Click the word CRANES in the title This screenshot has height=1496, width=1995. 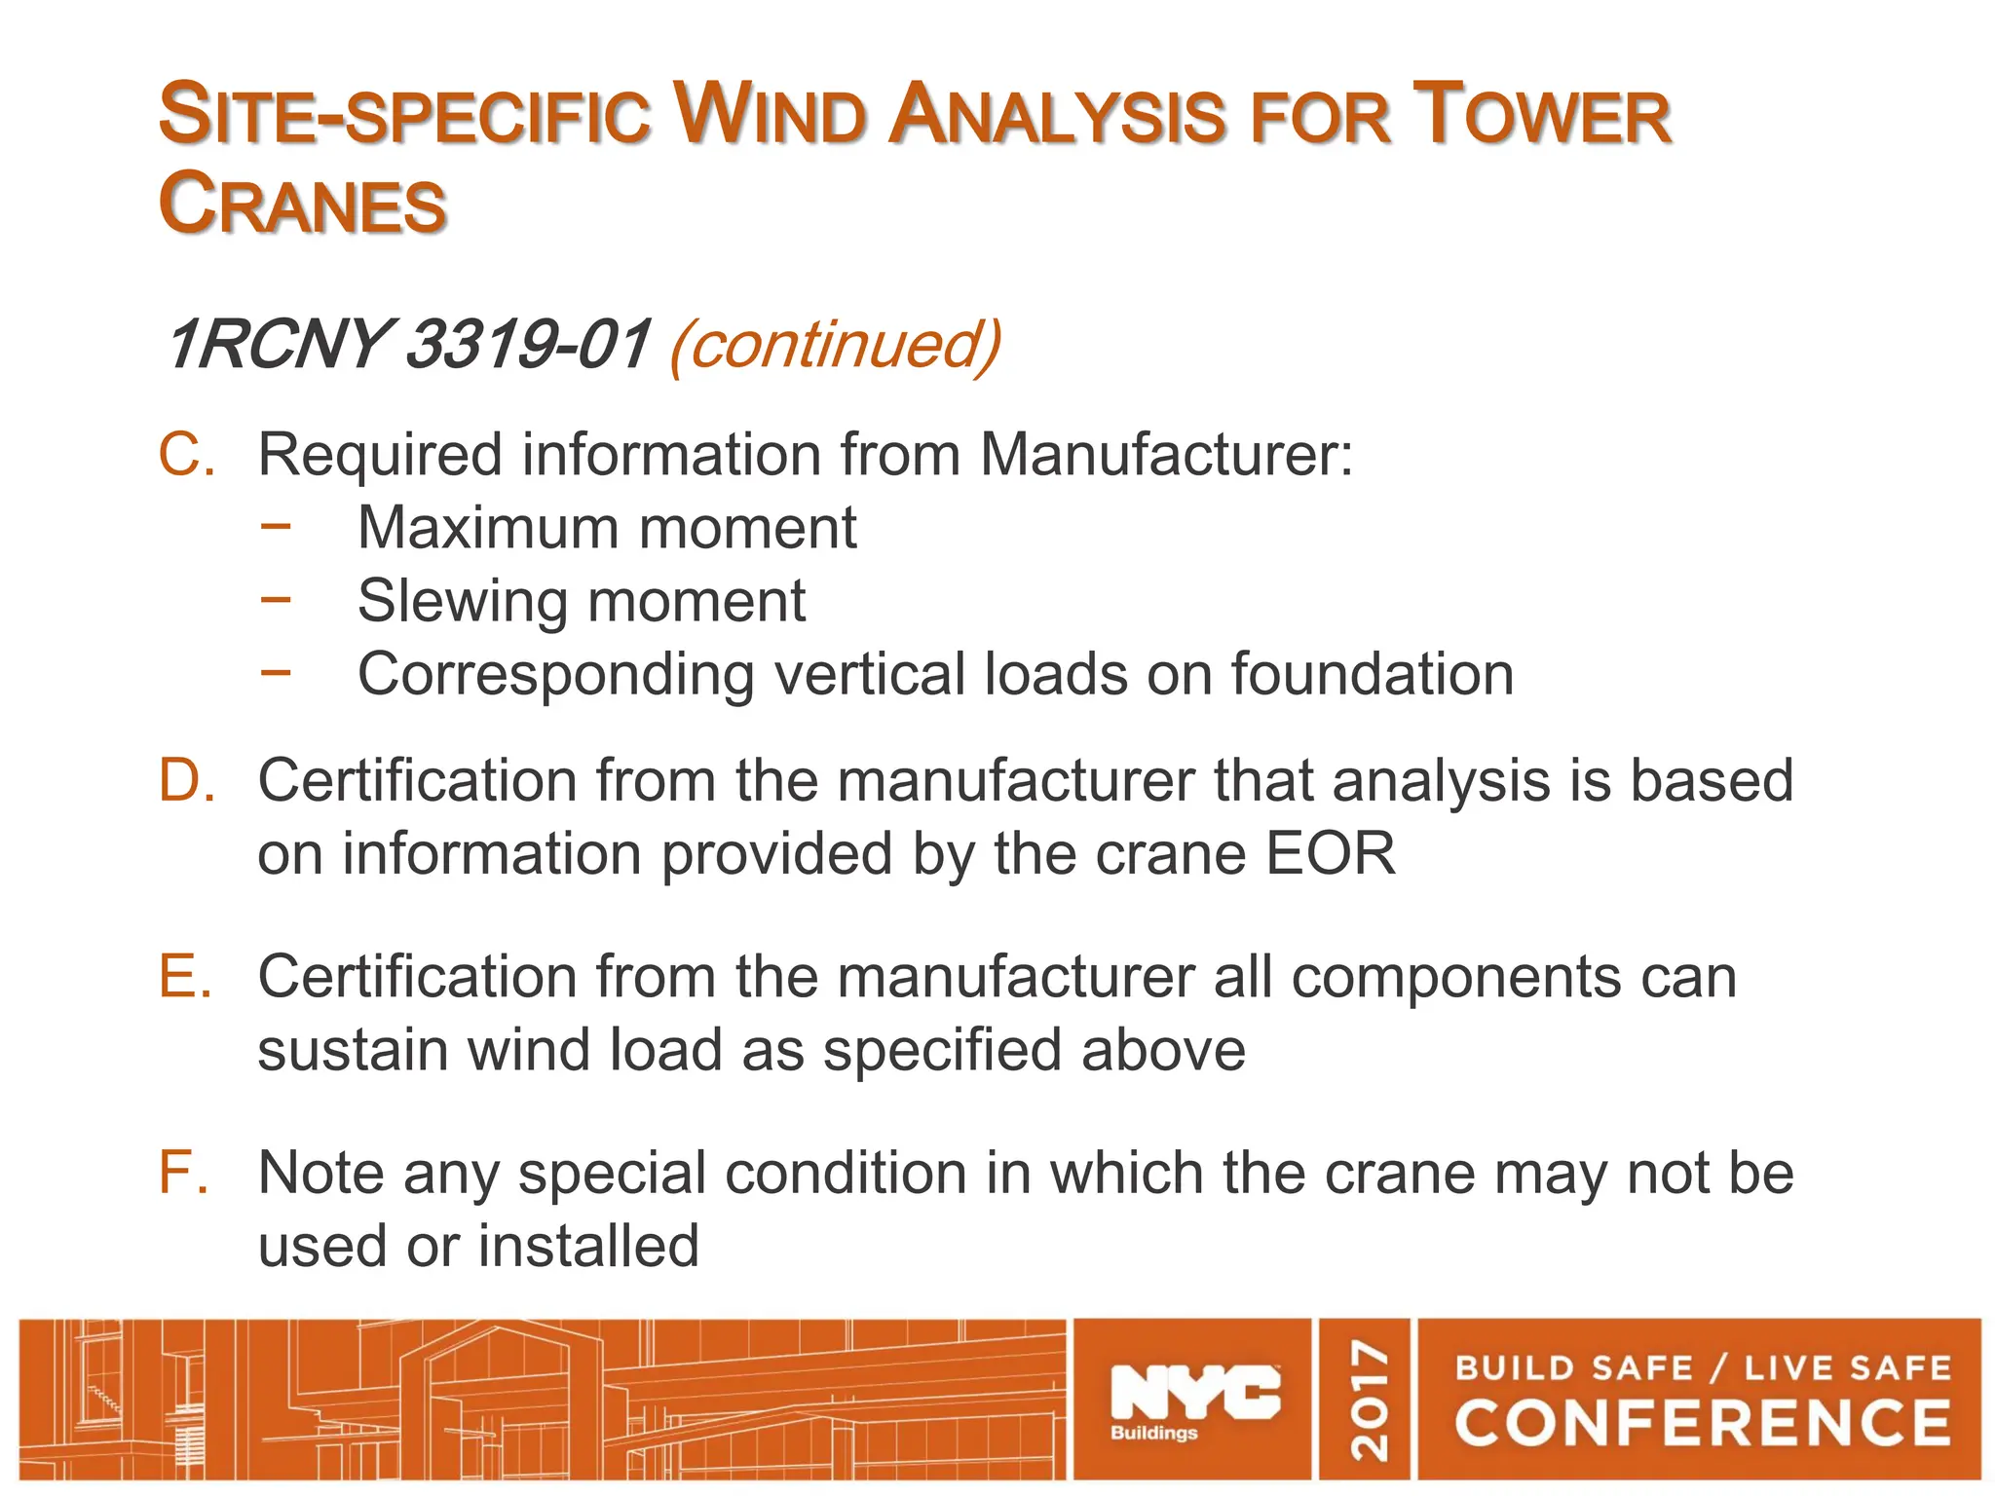(302, 205)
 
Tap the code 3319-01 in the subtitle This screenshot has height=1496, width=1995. (526, 344)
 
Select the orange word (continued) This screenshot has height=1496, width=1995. (835, 344)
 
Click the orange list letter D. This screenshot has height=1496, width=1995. (186, 781)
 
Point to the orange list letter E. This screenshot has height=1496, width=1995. (185, 977)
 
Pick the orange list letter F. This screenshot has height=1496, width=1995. (183, 1173)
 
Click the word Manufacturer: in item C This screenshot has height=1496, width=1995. (1166, 455)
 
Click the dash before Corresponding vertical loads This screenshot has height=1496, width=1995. (276, 671)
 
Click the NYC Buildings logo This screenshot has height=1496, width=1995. (1194, 1400)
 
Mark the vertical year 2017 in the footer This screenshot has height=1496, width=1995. (1368, 1400)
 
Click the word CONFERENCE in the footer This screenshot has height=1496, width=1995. (1702, 1424)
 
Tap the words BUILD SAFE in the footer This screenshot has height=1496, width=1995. (1572, 1368)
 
